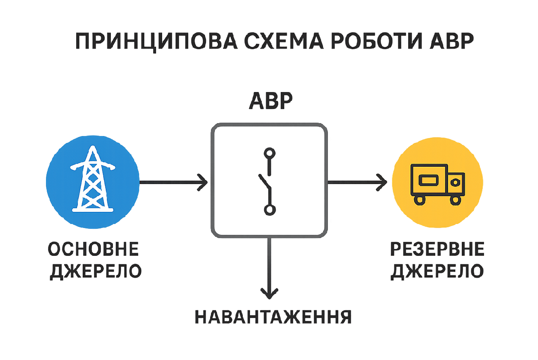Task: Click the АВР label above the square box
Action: (269, 102)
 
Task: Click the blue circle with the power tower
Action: (92, 183)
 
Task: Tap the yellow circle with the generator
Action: (438, 183)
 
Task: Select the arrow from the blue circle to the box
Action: (173, 183)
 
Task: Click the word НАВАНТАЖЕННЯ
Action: (273, 317)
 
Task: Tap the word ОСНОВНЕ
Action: (94, 249)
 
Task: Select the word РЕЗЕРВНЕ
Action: (437, 250)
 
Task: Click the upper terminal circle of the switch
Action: (269, 153)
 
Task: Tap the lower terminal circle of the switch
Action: (269, 209)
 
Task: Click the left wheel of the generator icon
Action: (419, 199)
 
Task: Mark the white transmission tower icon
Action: (92, 179)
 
